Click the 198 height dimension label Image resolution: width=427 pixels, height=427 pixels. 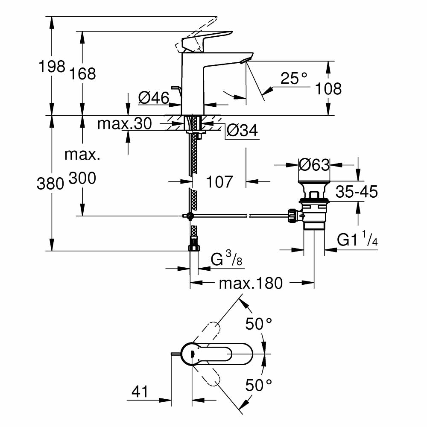pyautogui.click(x=52, y=67)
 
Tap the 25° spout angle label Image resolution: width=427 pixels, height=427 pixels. pyautogui.click(x=294, y=78)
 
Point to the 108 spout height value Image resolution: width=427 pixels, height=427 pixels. pyautogui.click(x=328, y=88)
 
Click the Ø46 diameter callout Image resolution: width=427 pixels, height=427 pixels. pyautogui.click(x=152, y=98)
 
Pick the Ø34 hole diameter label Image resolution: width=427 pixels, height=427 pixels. pyautogui.click(x=242, y=131)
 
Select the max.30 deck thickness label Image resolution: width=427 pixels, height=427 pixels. pyautogui.click(x=124, y=124)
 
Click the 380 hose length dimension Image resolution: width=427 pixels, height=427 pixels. pyautogui.click(x=50, y=183)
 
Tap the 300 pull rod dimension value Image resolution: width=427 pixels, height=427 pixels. pyautogui.click(x=82, y=178)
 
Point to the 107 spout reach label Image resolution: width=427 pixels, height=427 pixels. pyautogui.click(x=220, y=182)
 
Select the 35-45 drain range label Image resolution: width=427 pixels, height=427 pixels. pyautogui.click(x=357, y=192)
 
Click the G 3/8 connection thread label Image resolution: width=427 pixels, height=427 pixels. pyautogui.click(x=227, y=259)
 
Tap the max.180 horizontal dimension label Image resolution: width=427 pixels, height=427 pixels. pyautogui.click(x=251, y=283)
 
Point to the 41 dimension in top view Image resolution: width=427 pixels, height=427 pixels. pyautogui.click(x=140, y=391)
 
